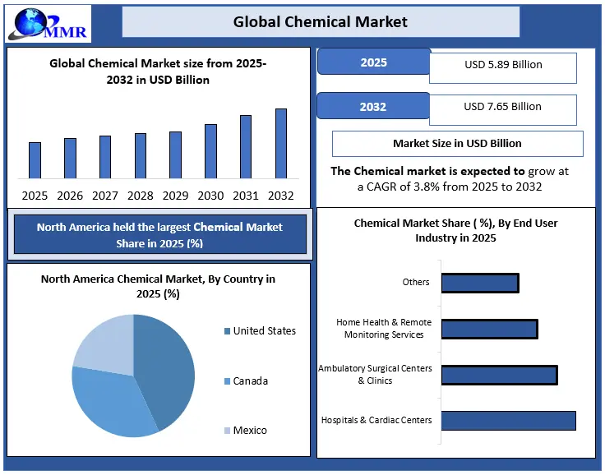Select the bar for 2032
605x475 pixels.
[281, 144]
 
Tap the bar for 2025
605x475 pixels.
[35, 160]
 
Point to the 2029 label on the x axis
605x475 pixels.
[175, 196]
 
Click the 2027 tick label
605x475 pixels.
[105, 196]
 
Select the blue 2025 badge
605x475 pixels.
[373, 62]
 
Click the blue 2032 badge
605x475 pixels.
[373, 106]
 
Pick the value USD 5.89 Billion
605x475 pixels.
[502, 65]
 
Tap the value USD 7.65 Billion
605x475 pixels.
[502, 107]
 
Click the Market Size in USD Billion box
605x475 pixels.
[457, 143]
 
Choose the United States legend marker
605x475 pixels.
[226, 331]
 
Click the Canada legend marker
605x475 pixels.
[226, 381]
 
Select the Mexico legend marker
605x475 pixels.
[226, 431]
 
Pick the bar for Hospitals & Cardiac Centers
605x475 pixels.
[508, 420]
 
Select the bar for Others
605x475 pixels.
[480, 283]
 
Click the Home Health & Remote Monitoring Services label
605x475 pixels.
[384, 329]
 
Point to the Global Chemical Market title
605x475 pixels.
[321, 21]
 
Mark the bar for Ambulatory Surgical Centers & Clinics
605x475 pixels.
[499, 375]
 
